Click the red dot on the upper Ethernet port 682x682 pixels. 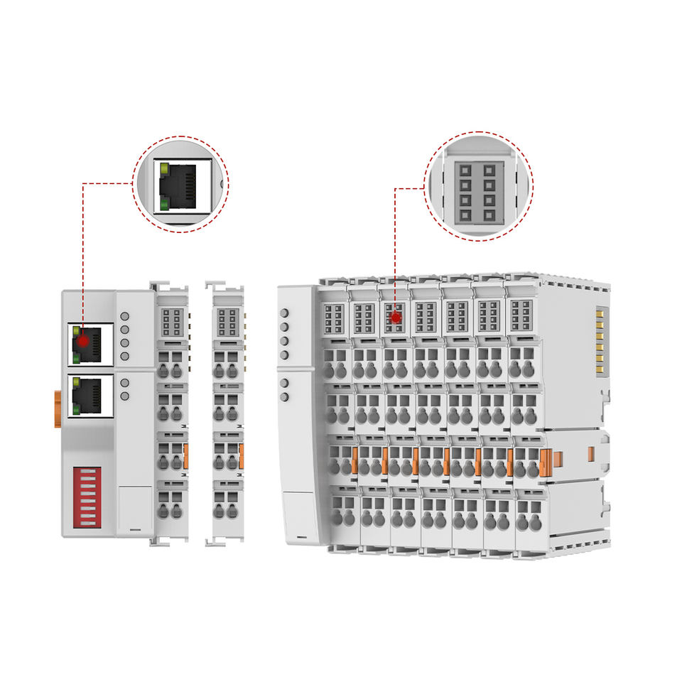(x=83, y=341)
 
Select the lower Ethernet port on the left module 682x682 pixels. (x=91, y=396)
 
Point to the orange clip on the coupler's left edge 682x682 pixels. (x=58, y=408)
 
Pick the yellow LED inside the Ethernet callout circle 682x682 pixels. (x=165, y=170)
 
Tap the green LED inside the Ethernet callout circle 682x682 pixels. (x=165, y=205)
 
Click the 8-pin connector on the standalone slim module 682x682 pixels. (x=227, y=322)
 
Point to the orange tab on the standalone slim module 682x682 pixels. (x=242, y=455)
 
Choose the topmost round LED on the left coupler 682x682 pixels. (x=125, y=316)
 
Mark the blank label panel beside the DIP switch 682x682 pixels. (x=135, y=509)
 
